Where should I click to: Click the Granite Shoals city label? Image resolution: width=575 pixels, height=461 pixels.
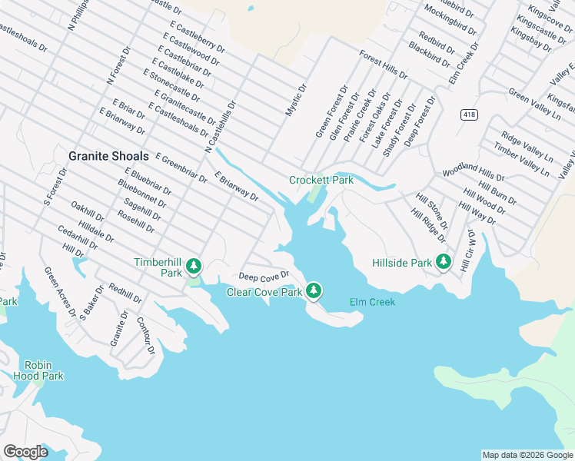tap(108, 155)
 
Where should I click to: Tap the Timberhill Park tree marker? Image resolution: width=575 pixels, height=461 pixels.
tap(194, 267)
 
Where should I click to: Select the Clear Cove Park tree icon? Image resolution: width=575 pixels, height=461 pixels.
tap(313, 290)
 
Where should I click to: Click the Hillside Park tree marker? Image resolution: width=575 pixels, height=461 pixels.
tap(443, 261)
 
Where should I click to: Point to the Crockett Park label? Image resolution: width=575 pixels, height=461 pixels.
tap(321, 180)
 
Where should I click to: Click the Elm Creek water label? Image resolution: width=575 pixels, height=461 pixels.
tap(372, 302)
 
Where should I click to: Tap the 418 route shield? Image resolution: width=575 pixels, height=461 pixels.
tap(468, 114)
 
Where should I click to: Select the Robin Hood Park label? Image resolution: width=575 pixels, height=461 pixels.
tap(38, 370)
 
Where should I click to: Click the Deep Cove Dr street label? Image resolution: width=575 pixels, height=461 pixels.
tap(264, 275)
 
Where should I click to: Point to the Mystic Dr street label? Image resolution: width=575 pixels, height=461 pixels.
tap(296, 100)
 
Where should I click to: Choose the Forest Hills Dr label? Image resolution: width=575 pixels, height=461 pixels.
tap(383, 65)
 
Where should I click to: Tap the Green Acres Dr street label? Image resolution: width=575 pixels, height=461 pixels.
tap(59, 291)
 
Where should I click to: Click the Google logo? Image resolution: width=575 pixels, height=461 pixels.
tap(25, 452)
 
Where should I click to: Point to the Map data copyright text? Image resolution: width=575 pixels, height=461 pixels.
tap(527, 455)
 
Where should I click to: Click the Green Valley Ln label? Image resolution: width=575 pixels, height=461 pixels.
tap(534, 104)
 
